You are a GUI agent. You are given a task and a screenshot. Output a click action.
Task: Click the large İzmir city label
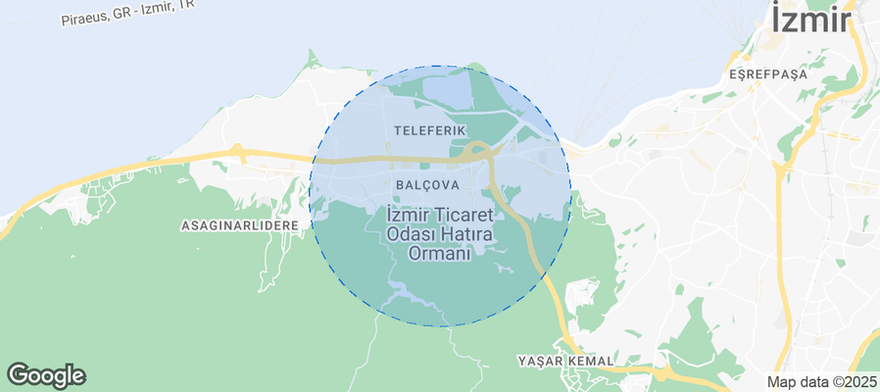(x=810, y=21)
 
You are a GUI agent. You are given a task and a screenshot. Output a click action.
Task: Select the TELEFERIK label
(x=429, y=129)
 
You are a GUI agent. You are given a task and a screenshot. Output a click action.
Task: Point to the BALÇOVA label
(x=428, y=184)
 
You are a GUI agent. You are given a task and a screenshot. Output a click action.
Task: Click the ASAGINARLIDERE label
(x=239, y=225)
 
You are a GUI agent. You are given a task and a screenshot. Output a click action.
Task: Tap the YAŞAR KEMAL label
(x=565, y=362)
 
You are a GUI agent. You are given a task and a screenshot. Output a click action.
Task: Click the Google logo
(x=46, y=375)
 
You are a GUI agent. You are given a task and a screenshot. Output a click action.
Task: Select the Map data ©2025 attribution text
(x=821, y=382)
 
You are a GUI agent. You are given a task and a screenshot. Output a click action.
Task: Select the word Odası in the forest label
(x=411, y=234)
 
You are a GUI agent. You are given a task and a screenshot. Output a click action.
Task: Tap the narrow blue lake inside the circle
(x=404, y=290)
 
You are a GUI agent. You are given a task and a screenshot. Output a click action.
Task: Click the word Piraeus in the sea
(x=82, y=20)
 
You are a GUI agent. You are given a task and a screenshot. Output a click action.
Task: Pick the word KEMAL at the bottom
(x=590, y=362)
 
